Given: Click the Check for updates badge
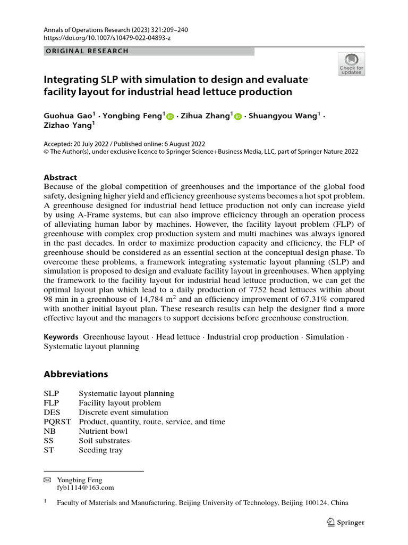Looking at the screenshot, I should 351,64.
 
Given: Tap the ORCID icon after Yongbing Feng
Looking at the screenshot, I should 170,116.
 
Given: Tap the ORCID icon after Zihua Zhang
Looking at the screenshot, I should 237,116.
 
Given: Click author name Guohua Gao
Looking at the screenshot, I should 69,115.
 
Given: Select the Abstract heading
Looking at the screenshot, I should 60,177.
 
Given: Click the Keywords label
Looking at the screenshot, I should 61,337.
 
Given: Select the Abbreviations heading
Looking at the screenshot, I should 75,374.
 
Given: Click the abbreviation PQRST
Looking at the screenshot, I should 57,422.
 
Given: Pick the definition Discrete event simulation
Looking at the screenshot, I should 123,412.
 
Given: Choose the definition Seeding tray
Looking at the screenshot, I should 100,450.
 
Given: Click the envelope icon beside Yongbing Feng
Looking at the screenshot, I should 47,480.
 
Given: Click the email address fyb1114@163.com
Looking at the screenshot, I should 85,488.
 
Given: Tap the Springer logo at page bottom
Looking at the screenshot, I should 346,523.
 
